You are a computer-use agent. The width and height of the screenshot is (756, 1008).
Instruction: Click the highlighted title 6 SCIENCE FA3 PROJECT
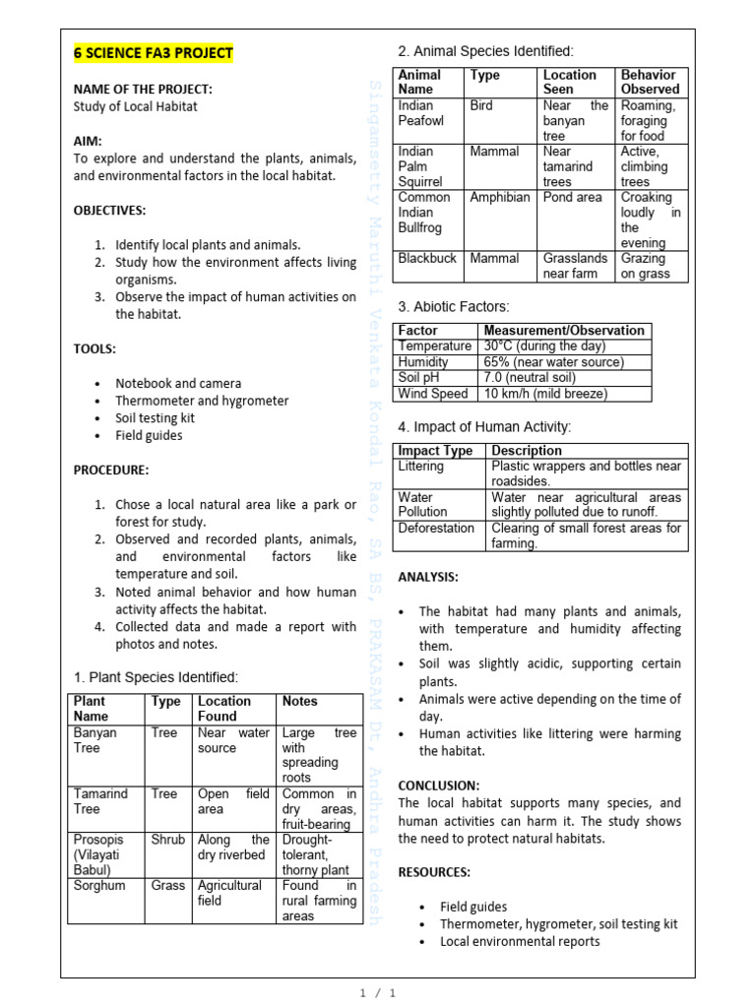(154, 53)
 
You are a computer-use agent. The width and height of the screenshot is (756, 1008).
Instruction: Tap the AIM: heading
(88, 142)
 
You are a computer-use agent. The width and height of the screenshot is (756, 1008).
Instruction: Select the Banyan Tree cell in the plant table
(95, 740)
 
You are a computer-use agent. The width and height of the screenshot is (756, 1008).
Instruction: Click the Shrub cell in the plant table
(167, 840)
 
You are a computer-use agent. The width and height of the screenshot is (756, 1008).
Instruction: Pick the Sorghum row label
(98, 886)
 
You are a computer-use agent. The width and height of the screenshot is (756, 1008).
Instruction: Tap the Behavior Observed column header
(650, 82)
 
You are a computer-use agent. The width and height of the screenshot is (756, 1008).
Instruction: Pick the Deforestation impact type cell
(436, 529)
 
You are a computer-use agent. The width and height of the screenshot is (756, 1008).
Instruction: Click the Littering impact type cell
(421, 467)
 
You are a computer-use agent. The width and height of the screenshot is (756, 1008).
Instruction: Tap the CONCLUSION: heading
(438, 786)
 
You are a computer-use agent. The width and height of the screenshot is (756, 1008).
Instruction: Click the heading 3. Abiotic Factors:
(454, 307)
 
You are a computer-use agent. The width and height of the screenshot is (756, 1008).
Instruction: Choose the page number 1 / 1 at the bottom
(378, 993)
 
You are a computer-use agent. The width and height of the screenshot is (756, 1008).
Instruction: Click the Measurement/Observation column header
(564, 331)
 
